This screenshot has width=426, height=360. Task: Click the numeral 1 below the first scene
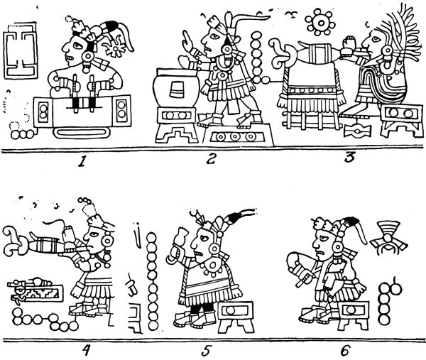click(81, 161)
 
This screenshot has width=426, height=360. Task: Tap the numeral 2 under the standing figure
click(210, 159)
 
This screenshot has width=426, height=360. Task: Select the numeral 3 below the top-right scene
click(349, 158)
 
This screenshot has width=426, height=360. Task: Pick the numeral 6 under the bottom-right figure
click(344, 350)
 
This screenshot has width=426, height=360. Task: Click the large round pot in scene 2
click(175, 88)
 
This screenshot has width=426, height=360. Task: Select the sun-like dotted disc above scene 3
click(320, 23)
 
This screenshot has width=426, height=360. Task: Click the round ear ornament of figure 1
click(88, 57)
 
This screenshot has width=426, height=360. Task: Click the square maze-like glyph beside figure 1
click(21, 50)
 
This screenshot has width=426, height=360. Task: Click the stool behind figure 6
click(353, 315)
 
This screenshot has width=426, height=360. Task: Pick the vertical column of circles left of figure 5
click(153, 281)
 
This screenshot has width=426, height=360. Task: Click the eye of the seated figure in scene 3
click(376, 39)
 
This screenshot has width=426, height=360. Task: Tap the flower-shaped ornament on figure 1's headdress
click(116, 48)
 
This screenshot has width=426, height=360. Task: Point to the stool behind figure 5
click(236, 317)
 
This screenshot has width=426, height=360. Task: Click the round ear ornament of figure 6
click(338, 247)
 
